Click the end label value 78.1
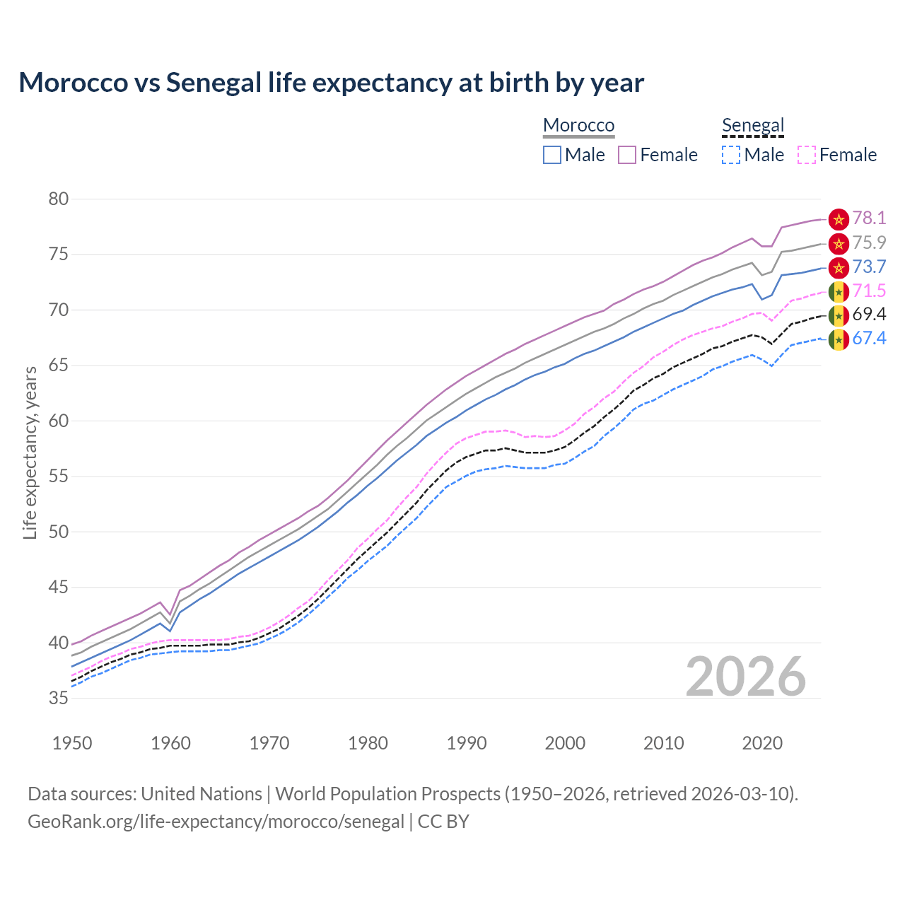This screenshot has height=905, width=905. (869, 218)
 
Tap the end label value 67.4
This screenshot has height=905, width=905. (869, 339)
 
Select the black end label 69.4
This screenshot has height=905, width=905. (869, 315)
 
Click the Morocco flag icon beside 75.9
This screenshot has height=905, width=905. (839, 244)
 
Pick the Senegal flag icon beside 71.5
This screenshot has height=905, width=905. (839, 291)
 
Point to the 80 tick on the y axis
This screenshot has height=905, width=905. (59, 199)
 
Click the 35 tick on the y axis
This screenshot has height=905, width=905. (59, 699)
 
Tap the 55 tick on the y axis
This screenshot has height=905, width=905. (59, 477)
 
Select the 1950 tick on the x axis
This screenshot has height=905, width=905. (72, 743)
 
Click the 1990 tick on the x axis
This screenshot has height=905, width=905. (467, 743)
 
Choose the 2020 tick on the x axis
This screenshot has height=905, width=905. (762, 743)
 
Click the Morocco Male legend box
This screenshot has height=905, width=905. (552, 155)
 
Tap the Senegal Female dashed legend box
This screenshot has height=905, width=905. (807, 155)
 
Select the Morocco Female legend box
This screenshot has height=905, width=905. (627, 155)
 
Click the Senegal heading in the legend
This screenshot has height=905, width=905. (753, 126)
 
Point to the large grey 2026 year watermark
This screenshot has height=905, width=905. (746, 677)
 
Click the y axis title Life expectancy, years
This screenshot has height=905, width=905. (30, 452)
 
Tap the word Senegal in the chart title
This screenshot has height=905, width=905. (214, 83)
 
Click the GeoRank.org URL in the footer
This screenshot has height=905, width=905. (216, 822)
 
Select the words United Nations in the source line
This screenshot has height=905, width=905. (202, 794)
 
